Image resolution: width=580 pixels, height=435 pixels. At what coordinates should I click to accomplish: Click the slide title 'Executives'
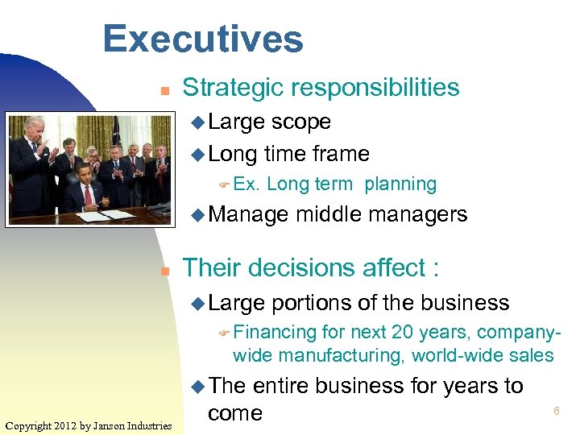[x=203, y=39]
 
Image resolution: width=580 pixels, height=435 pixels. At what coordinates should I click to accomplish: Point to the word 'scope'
[x=301, y=122]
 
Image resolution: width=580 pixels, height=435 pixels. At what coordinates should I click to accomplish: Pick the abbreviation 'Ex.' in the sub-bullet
[x=246, y=184]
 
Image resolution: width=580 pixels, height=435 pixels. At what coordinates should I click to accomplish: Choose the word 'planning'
[x=400, y=184]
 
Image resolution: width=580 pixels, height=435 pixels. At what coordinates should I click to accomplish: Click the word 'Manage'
[x=249, y=215]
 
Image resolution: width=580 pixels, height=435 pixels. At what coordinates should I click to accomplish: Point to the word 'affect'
[x=393, y=268]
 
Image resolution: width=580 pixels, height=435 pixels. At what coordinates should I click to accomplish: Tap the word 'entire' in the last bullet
[x=281, y=387]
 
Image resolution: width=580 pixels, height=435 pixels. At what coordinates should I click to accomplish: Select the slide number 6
[x=556, y=412]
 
